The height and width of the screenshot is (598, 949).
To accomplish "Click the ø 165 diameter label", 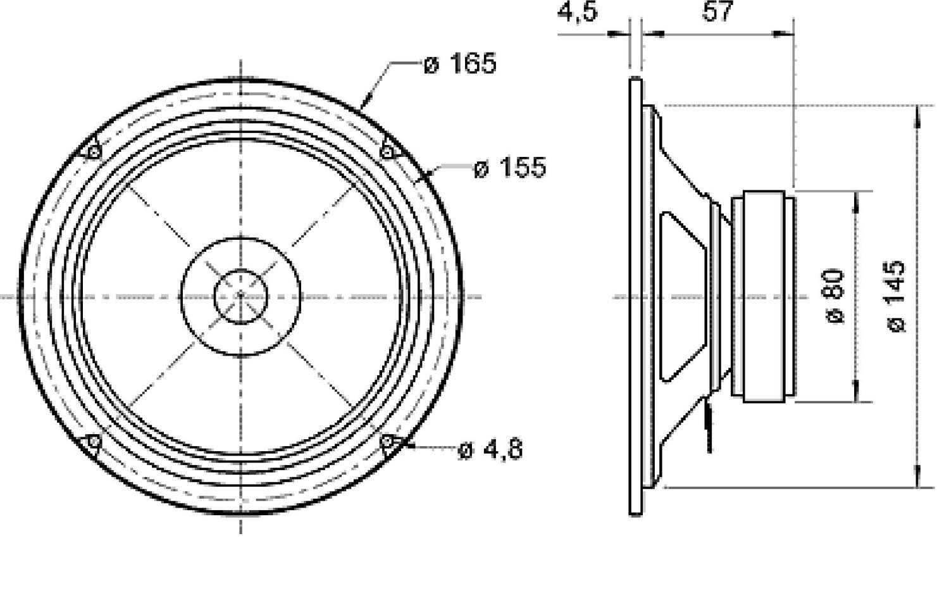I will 460,63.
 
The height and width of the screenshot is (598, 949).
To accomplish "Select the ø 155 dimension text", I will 509,168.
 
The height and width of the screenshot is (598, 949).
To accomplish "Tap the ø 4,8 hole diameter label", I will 491,450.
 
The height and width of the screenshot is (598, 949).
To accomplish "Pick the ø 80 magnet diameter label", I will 835,296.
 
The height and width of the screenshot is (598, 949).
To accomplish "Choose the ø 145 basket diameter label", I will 896,296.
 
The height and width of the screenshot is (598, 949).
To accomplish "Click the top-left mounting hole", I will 94,152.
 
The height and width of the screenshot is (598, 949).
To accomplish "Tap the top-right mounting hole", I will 387,152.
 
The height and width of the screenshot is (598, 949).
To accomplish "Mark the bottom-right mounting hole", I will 387,443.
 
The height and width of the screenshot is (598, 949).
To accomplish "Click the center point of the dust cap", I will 240,296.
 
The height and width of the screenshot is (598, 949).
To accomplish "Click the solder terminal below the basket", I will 709,427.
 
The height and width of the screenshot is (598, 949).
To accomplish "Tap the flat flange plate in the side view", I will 635,296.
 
